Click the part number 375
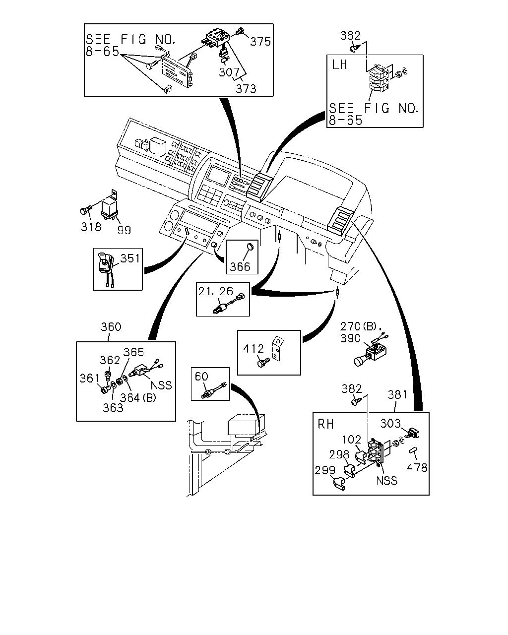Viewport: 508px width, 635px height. [x=260, y=42]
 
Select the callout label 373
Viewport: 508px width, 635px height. [x=246, y=88]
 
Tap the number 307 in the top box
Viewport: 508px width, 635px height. [x=229, y=72]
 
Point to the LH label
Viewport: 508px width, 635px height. [x=339, y=64]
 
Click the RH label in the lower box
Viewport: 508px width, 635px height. [x=325, y=424]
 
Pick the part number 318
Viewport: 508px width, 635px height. [x=91, y=227]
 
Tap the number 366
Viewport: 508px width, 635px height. [x=240, y=267]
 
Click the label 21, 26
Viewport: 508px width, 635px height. [x=215, y=291]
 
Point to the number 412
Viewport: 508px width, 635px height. [x=253, y=349]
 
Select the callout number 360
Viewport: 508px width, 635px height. [x=111, y=326]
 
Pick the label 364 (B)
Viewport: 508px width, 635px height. [x=138, y=398]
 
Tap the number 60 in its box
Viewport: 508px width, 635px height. [x=201, y=376]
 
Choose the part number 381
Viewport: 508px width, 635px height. [x=397, y=394]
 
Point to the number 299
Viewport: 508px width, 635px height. [x=325, y=470]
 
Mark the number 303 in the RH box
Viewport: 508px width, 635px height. [x=390, y=424]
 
